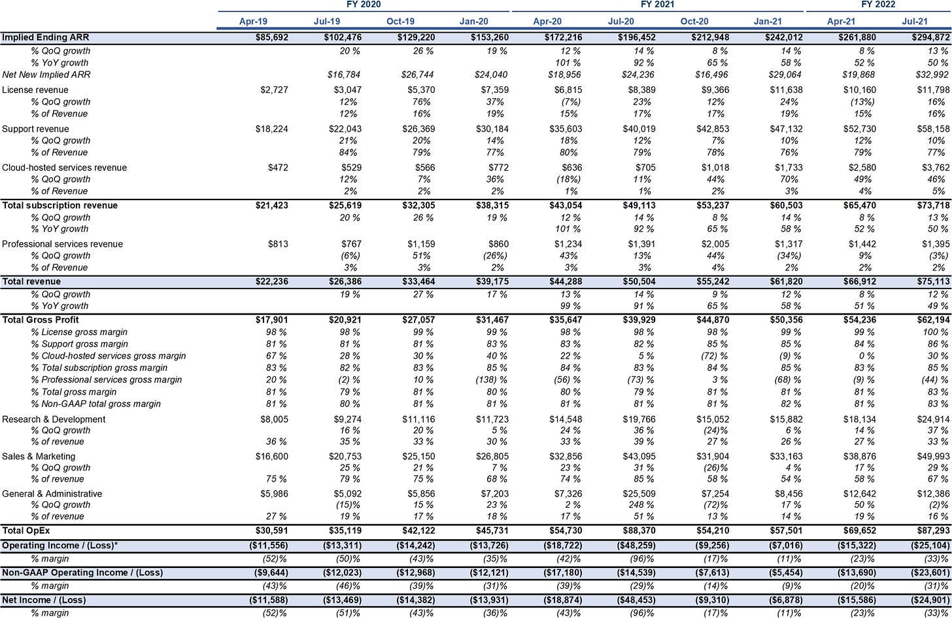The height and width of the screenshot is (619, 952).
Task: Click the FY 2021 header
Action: coord(658,5)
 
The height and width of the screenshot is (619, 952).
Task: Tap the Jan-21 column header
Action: coord(768,22)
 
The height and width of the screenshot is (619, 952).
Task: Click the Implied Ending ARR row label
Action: coord(46,37)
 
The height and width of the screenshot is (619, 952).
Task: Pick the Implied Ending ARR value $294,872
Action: coord(930,37)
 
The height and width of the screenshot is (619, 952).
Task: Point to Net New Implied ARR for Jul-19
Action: coord(343,75)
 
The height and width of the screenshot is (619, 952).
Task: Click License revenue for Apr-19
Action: coord(274,90)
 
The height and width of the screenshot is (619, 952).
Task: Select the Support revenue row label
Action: coord(35,129)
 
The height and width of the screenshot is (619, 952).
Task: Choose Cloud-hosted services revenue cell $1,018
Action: coord(715,168)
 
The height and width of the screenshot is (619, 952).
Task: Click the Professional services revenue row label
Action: coord(62,244)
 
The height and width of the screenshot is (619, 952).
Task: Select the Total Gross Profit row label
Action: coord(41,320)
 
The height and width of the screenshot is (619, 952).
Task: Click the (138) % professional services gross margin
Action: coord(491,380)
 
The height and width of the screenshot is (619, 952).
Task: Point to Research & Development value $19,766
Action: coord(639,419)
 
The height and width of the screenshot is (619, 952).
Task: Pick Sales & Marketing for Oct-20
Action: coord(713,457)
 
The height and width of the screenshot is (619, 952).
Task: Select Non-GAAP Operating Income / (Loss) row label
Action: coord(82,573)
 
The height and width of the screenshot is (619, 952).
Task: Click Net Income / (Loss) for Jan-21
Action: coord(785,600)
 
